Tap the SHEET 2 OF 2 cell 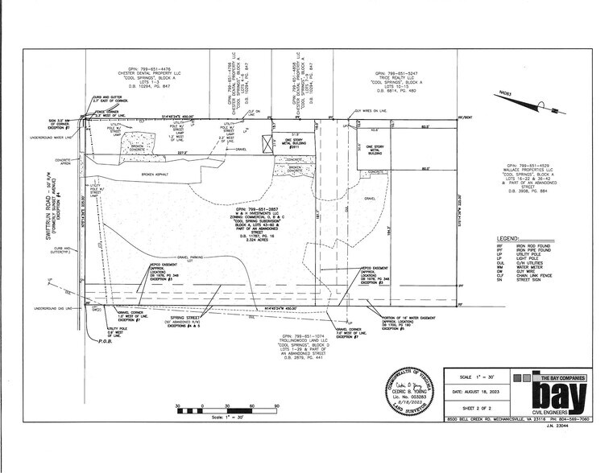pos(470,409)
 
